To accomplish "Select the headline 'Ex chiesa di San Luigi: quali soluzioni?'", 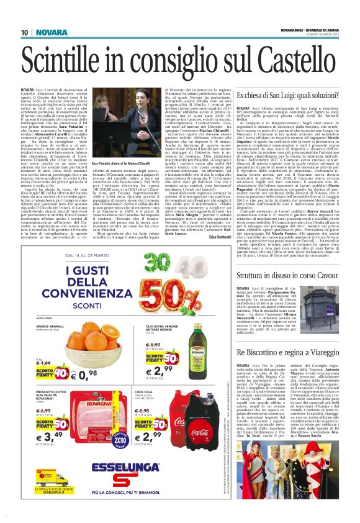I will [x=289, y=95].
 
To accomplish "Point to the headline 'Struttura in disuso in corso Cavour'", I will [x=286, y=274].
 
